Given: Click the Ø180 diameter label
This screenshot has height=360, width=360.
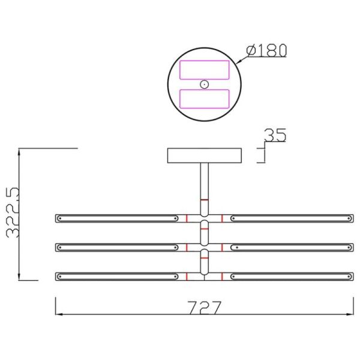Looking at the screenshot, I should tap(266, 50).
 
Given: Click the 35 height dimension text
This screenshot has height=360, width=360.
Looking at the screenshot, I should tap(275, 136).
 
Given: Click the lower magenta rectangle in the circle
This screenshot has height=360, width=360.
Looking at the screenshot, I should tap(204, 98).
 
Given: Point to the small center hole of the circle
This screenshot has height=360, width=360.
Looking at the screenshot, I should tap(204, 84).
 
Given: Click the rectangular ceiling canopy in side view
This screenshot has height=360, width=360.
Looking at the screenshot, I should tap(204, 155).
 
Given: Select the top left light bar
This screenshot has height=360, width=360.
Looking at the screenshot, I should tap(117, 218).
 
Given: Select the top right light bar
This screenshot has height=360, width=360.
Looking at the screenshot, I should tap(292, 218).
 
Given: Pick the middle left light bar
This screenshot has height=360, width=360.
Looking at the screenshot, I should tap(117, 247).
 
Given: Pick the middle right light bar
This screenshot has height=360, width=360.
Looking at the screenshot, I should tap(292, 247).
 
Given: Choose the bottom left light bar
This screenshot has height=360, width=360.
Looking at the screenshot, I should tap(117, 276).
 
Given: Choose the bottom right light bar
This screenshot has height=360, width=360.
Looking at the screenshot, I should tap(292, 276).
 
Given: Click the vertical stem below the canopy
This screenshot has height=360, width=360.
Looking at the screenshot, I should tap(204, 183).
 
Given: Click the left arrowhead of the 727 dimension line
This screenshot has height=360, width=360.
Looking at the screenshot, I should tap(59, 314).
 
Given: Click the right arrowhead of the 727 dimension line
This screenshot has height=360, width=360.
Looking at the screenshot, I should tap(350, 314).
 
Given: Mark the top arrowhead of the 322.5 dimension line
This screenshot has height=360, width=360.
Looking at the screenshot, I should tap(20, 151).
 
